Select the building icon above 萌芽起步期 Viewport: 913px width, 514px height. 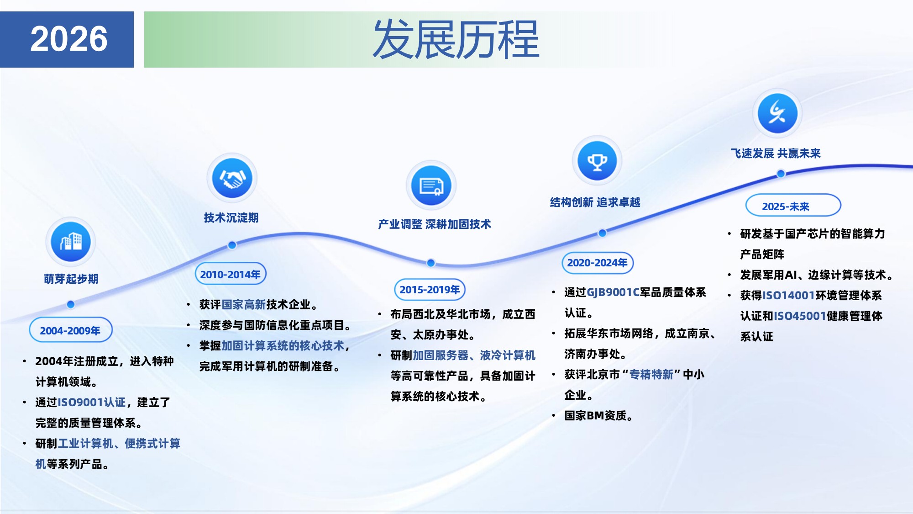[71, 241]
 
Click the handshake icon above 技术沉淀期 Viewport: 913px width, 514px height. [232, 178]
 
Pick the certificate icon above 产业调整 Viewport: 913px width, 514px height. [431, 185]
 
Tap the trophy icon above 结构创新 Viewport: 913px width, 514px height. [597, 161]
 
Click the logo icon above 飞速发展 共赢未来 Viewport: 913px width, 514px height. [777, 113]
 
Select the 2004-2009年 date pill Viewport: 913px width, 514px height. [70, 330]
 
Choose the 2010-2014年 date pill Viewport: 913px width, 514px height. [230, 274]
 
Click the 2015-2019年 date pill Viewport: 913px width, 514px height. [430, 290]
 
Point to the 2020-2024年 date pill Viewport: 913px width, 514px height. [597, 263]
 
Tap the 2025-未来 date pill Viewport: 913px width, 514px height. [793, 206]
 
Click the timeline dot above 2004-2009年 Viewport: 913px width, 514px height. [70, 304]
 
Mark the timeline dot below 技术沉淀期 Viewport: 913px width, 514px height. [232, 245]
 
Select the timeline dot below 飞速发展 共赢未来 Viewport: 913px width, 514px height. [781, 174]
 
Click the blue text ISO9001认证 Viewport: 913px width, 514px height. [91, 402]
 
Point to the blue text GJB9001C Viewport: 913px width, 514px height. [613, 292]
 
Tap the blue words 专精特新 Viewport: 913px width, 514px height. [651, 375]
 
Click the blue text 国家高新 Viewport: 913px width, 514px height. [243, 305]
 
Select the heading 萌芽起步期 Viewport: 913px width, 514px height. [71, 279]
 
